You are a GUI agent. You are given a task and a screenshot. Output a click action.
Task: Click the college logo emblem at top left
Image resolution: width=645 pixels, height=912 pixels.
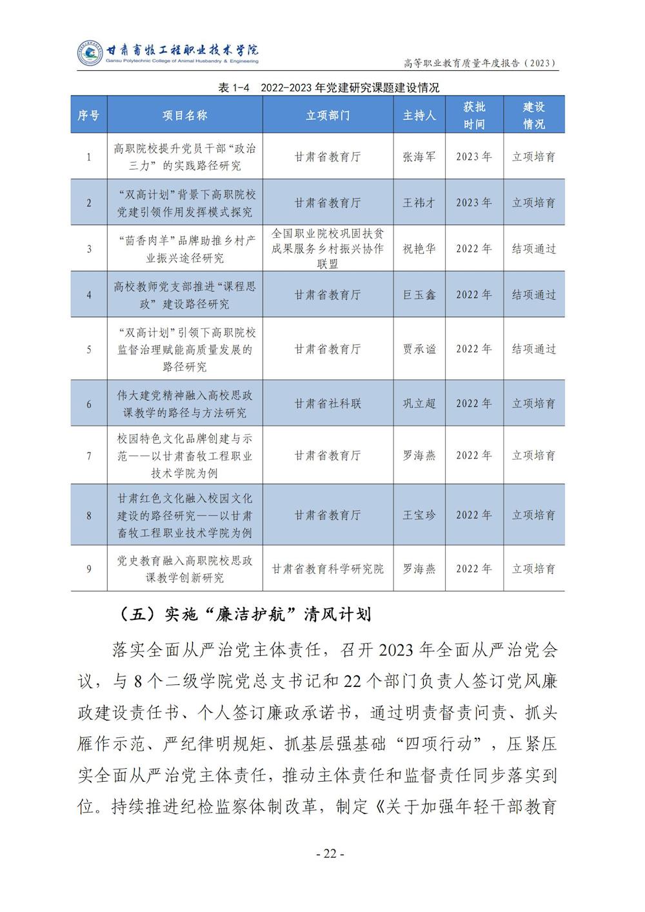tap(90, 53)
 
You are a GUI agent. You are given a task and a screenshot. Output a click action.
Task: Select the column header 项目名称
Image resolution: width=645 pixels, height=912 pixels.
tap(184, 115)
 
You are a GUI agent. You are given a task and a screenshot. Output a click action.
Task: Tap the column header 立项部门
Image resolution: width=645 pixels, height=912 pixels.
tap(328, 115)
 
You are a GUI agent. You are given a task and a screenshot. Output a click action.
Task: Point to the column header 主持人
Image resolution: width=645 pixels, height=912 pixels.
tap(419, 115)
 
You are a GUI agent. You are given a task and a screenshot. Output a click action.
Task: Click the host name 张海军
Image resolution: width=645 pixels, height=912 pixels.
tap(419, 157)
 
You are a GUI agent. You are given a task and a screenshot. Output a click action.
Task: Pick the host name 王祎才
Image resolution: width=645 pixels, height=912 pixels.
tap(419, 203)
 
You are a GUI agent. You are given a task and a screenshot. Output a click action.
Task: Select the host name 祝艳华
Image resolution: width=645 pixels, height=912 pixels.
tap(419, 248)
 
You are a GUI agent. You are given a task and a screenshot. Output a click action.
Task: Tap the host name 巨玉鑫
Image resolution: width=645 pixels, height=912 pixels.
tap(419, 295)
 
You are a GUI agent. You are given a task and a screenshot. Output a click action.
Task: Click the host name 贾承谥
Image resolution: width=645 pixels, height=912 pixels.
tap(419, 349)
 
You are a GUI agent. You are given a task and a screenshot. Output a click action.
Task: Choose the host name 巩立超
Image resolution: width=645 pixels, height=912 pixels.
tap(419, 404)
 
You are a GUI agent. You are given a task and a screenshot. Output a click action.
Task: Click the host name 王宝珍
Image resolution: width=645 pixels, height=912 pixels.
tap(419, 515)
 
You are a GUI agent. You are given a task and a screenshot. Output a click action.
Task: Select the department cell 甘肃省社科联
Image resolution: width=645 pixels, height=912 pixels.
tap(328, 404)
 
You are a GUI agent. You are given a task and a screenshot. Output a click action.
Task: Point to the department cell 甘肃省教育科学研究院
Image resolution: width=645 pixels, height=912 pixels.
tap(328, 569)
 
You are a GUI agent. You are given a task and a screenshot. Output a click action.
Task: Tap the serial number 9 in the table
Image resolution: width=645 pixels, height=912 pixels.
tap(89, 569)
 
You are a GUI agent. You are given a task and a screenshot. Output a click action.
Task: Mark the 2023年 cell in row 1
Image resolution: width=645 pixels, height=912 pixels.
tap(474, 157)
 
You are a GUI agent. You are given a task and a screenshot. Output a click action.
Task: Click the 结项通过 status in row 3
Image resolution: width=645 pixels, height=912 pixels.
tap(534, 248)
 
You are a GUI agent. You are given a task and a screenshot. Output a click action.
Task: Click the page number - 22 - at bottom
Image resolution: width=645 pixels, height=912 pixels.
tap(330, 854)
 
